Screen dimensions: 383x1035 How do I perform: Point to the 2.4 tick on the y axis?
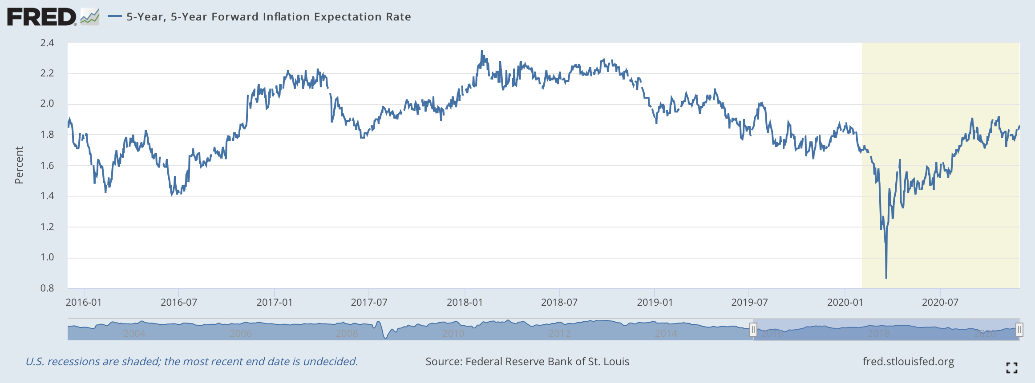(x=47, y=43)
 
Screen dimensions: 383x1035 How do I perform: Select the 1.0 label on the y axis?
(x=47, y=257)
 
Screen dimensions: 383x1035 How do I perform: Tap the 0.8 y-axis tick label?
(x=47, y=288)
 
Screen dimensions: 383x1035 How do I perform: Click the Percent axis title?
(x=19, y=165)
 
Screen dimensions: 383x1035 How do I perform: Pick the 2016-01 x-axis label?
(x=84, y=303)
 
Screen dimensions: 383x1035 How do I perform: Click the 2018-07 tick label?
(x=559, y=303)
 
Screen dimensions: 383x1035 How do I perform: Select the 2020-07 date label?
(x=940, y=303)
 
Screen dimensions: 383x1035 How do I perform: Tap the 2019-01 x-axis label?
(x=655, y=303)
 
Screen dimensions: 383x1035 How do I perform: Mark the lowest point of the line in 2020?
(x=886, y=278)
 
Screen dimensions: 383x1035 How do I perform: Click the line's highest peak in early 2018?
(x=482, y=52)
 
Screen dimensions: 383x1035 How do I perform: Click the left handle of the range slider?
(x=753, y=330)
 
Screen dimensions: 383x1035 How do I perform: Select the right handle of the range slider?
(x=1019, y=330)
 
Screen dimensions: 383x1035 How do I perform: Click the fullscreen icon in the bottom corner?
(x=1011, y=367)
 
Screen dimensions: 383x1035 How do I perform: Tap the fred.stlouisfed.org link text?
(x=908, y=362)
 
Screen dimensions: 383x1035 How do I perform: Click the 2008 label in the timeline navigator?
(x=347, y=333)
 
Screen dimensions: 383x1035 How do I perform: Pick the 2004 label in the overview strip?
(x=134, y=333)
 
